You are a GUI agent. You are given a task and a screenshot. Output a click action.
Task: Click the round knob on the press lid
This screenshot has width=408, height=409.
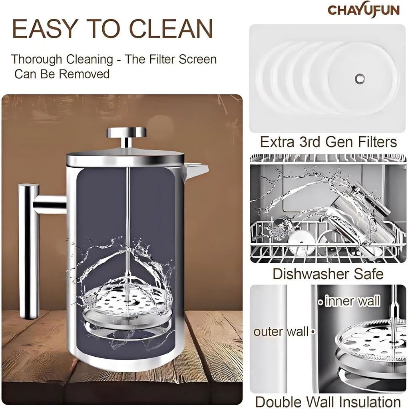coord(126,133)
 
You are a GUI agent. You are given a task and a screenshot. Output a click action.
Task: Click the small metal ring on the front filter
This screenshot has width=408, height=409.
coord(360,78)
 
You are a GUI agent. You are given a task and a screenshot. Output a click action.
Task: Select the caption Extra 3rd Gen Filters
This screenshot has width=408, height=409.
coord(328,142)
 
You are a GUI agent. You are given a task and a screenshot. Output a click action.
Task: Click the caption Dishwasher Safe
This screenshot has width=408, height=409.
coord(328,274)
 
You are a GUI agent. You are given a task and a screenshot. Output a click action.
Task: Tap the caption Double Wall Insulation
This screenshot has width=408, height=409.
coord(328,401)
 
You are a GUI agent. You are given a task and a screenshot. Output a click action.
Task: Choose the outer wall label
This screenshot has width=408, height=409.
coord(281,332)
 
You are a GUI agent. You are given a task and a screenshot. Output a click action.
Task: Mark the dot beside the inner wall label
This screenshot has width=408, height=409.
coord(320,302)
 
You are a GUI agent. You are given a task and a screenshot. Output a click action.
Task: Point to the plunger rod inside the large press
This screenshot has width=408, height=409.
coord(127,224)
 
